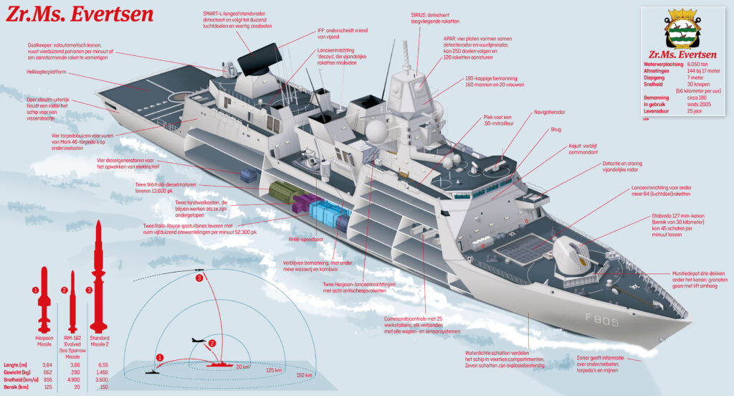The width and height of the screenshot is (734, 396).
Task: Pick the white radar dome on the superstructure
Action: point(377,132)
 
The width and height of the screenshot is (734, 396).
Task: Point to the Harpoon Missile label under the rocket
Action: point(44,339)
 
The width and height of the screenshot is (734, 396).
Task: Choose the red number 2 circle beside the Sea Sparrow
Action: point(64,291)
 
